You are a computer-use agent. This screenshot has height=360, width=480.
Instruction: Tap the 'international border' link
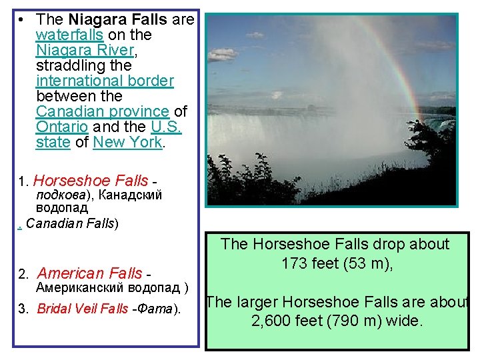(x=105, y=81)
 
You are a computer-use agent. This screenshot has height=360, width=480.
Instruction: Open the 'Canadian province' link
(x=102, y=111)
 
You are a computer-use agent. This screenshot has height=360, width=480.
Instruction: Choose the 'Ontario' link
(x=61, y=127)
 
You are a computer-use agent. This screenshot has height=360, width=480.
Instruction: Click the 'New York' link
(x=127, y=142)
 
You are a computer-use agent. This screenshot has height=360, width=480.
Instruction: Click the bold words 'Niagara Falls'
(x=118, y=20)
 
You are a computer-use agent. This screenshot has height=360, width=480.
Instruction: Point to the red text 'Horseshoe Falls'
(x=91, y=181)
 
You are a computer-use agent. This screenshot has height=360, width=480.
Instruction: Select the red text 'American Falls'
(x=89, y=273)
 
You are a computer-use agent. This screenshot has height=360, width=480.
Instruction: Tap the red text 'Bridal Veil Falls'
(x=83, y=308)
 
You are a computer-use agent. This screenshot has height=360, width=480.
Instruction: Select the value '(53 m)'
(x=365, y=263)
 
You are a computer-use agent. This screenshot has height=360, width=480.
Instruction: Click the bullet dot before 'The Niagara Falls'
(x=23, y=20)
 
